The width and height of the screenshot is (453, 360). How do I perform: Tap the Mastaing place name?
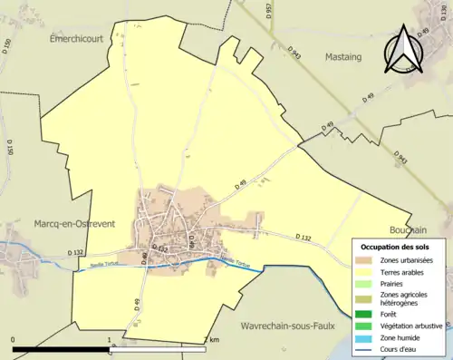pyautogui.click(x=338, y=56)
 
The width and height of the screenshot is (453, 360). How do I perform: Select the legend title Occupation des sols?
pyautogui.click(x=397, y=247)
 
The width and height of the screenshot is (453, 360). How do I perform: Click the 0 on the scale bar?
pyautogui.click(x=13, y=340)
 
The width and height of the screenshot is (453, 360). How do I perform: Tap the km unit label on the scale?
pyautogui.click(x=215, y=340)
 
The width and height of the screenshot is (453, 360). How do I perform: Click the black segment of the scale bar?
pyautogui.click(x=62, y=348)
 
